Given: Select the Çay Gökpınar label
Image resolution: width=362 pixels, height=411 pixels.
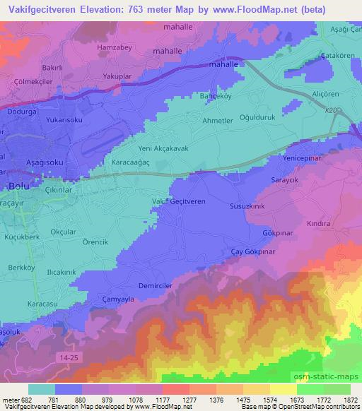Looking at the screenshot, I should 255,252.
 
